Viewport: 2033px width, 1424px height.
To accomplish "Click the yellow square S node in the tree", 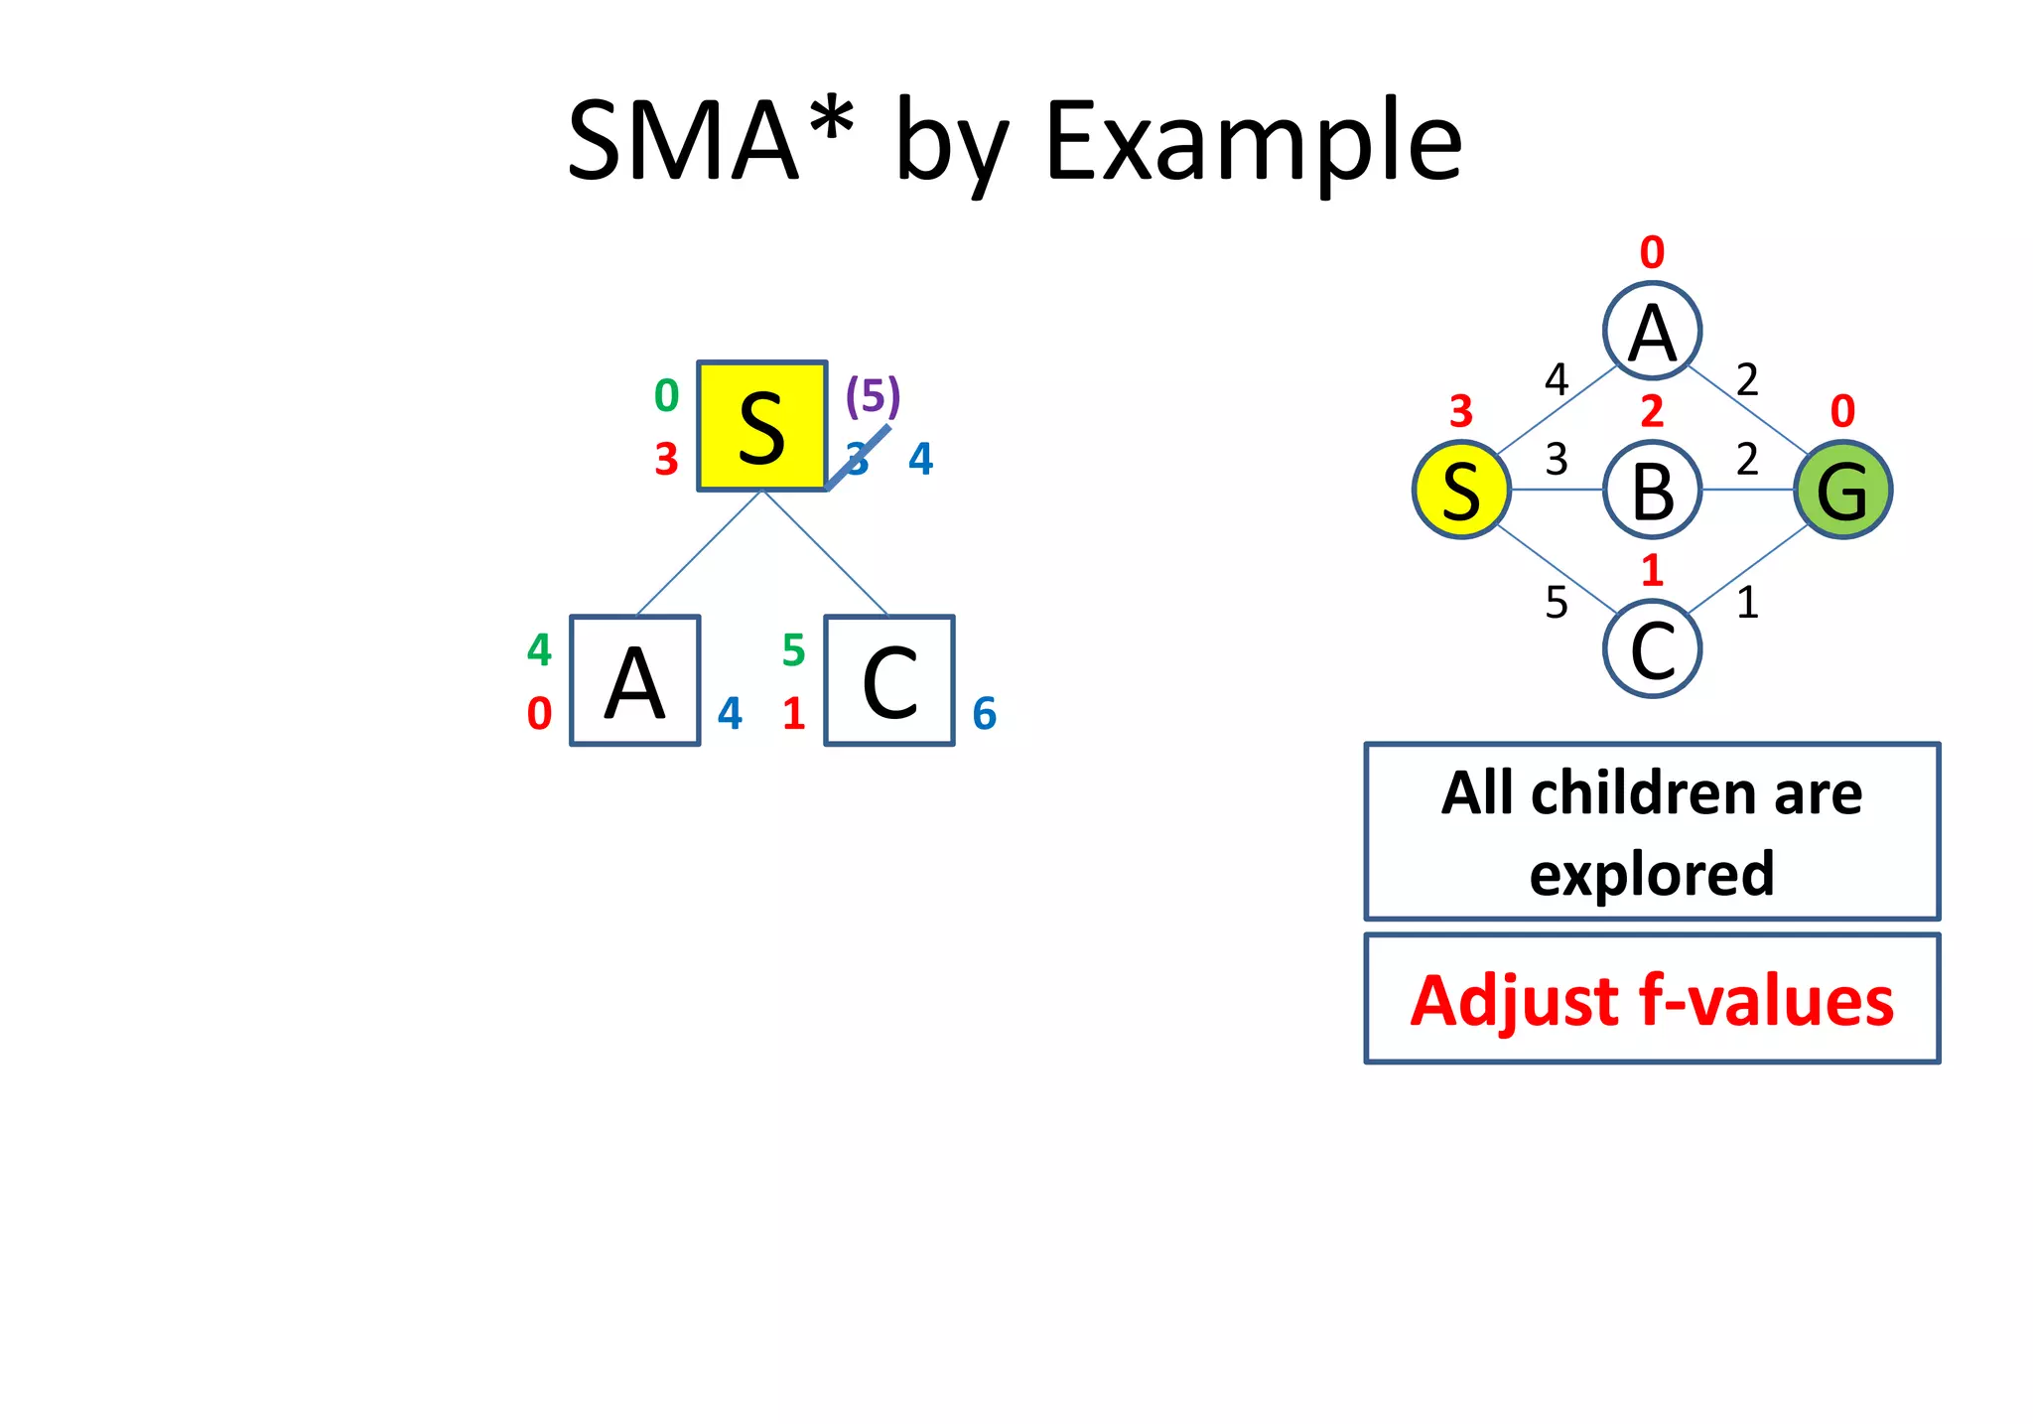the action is [x=761, y=426].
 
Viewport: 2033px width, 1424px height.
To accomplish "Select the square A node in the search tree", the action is [x=634, y=680].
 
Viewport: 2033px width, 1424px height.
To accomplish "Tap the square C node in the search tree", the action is [x=889, y=680].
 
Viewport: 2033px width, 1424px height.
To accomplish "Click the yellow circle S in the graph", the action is [x=1461, y=490].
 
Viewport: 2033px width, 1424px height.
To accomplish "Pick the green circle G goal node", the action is [x=1842, y=490].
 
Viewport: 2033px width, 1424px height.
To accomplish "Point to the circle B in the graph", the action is [x=1652, y=490].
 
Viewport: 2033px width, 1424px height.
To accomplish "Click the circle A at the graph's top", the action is [x=1652, y=331].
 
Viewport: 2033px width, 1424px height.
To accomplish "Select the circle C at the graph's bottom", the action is [x=1652, y=649].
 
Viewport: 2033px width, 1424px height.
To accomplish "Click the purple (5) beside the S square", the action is [x=873, y=395].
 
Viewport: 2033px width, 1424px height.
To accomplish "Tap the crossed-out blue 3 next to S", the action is [x=857, y=459].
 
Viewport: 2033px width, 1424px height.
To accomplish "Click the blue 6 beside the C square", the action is [x=984, y=713].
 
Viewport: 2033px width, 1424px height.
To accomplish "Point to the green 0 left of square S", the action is [x=666, y=395].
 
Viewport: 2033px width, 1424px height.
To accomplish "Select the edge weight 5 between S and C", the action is [x=1556, y=602].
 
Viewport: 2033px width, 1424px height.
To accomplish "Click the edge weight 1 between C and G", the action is [x=1747, y=602].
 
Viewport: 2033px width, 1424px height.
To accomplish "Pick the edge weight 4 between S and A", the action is [x=1556, y=379].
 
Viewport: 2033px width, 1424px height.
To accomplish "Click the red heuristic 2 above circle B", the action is [x=1652, y=411].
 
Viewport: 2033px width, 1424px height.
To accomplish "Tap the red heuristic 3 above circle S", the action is [x=1460, y=411].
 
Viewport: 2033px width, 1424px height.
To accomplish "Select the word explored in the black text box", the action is [x=1652, y=873].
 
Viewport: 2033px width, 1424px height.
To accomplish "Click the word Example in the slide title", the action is [x=1253, y=141].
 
